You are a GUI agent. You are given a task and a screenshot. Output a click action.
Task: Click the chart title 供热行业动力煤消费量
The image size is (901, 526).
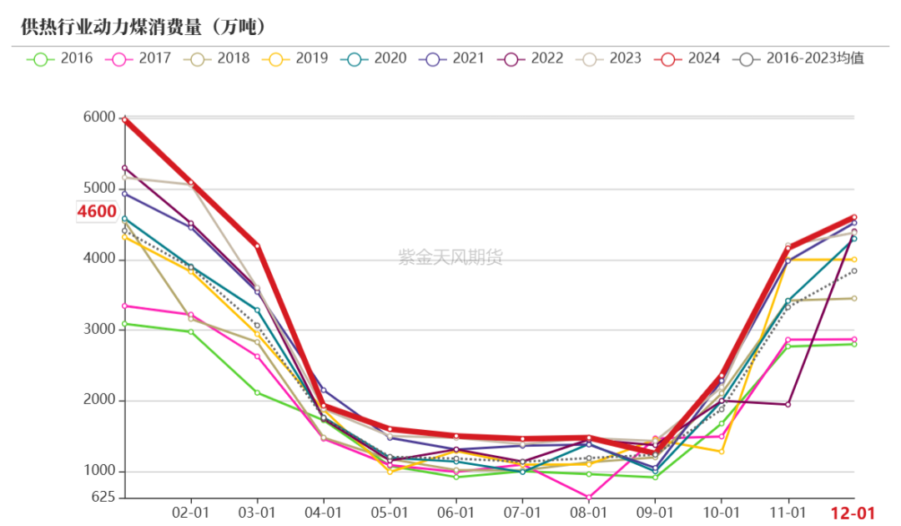(112, 27)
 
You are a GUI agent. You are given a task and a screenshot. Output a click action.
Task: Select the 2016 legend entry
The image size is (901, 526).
(60, 58)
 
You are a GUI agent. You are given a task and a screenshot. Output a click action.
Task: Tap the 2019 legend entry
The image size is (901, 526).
(294, 58)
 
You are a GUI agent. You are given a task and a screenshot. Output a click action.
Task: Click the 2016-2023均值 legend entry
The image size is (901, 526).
(798, 58)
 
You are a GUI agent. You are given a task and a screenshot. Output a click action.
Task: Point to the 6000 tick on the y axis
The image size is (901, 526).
(99, 117)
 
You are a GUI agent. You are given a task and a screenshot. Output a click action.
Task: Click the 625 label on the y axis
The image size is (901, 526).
(103, 497)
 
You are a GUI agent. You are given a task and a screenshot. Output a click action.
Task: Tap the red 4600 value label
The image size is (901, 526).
(97, 211)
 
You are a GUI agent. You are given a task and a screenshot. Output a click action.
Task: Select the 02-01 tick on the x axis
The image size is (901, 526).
(191, 512)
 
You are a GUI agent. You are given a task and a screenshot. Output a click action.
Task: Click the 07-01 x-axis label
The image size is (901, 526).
(522, 512)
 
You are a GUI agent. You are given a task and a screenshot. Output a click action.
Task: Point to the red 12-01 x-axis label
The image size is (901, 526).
(853, 513)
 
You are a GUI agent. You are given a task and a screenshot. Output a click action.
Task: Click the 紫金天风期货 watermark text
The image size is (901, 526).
(450, 257)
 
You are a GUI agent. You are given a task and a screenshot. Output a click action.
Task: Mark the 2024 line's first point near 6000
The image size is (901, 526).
(124, 120)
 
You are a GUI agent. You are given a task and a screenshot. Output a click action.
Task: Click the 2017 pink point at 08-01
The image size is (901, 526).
(589, 498)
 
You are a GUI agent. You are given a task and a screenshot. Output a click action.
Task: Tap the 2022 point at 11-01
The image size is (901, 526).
(788, 405)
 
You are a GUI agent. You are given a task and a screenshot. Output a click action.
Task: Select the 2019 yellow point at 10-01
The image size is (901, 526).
(722, 452)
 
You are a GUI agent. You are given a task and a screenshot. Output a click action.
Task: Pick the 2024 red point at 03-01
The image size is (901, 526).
(258, 246)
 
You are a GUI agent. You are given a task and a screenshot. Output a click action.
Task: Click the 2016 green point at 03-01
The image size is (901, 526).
(258, 392)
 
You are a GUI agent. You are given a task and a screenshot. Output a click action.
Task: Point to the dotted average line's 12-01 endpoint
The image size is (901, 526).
(854, 271)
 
